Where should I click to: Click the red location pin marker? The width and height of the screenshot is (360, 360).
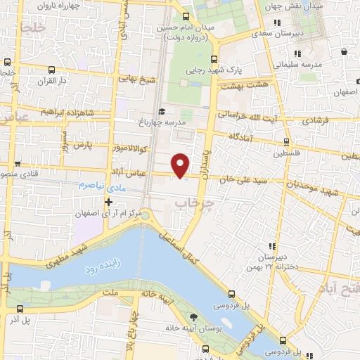click(x=181, y=165)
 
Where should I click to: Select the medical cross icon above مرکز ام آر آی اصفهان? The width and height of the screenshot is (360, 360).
click(x=108, y=202)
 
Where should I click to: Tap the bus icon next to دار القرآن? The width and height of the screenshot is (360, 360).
click(x=52, y=70)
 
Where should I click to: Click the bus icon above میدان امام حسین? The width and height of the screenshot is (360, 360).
click(x=185, y=16)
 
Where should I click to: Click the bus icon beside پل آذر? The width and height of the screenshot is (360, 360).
click(x=19, y=309)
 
